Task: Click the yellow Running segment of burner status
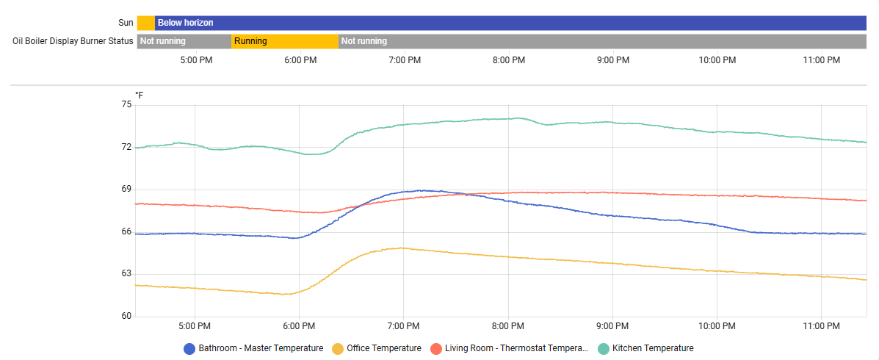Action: click(x=285, y=41)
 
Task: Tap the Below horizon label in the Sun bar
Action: click(x=185, y=23)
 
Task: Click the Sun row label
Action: click(x=126, y=23)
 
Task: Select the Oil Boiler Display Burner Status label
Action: click(x=73, y=41)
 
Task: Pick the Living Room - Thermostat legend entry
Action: click(x=516, y=348)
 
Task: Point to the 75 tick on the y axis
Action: click(x=126, y=104)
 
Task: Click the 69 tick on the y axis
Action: click(x=126, y=189)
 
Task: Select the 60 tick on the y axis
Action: click(x=126, y=316)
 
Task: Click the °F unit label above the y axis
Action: click(x=140, y=96)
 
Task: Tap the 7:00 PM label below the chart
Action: click(x=404, y=325)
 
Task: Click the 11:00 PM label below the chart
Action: click(x=822, y=325)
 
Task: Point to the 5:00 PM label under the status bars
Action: click(x=196, y=60)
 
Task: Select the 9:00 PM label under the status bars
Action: click(x=613, y=60)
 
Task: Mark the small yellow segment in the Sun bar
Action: click(x=145, y=23)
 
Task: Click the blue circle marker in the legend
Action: click(x=189, y=348)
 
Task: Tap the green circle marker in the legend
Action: click(x=604, y=348)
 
